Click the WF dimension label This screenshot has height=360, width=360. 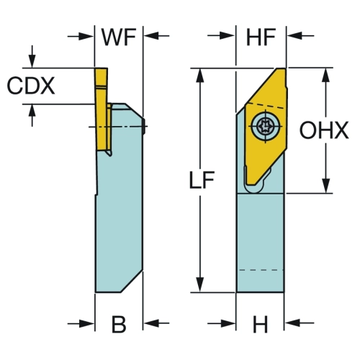[119, 37]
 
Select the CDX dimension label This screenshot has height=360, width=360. [31, 86]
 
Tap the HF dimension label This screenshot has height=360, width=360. [261, 37]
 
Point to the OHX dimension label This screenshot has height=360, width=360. [324, 130]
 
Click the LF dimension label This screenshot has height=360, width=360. [202, 179]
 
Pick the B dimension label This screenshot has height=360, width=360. [119, 324]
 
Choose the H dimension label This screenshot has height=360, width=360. [261, 324]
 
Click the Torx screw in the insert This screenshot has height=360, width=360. [266, 125]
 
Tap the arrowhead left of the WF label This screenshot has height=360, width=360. [86, 37]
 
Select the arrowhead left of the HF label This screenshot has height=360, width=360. [228, 36]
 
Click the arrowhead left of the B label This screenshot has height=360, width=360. [86, 324]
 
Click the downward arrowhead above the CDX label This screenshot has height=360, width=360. [32, 61]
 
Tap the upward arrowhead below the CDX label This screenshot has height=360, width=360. [32, 112]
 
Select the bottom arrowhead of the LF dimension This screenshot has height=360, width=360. [200, 285]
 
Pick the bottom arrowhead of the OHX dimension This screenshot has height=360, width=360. [326, 186]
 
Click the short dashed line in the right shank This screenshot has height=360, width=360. [261, 270]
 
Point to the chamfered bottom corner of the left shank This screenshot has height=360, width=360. [132, 282]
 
